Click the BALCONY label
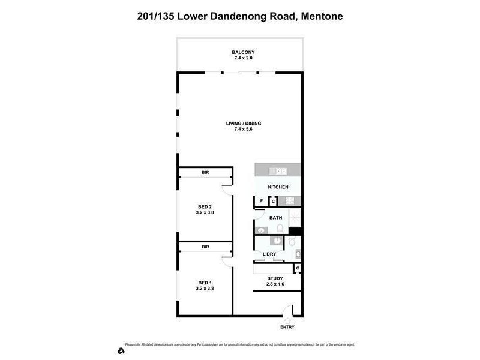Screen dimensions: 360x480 pyautogui.click(x=239, y=53)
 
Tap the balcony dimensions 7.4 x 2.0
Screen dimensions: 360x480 pyautogui.click(x=239, y=59)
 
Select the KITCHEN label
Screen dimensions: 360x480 pyautogui.click(x=278, y=187)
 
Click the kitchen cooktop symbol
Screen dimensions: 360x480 pyautogui.click(x=288, y=201)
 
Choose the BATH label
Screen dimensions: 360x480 pyautogui.click(x=275, y=218)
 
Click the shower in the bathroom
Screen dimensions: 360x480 pyautogui.click(x=294, y=218)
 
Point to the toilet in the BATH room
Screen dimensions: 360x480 pyautogui.click(x=280, y=229)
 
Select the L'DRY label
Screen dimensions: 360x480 pyautogui.click(x=268, y=254)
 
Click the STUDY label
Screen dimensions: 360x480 pyautogui.click(x=275, y=278)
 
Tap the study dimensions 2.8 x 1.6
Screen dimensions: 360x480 pyautogui.click(x=275, y=284)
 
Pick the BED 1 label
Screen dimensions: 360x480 pyautogui.click(x=205, y=283)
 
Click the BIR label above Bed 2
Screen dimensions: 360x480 pyautogui.click(x=205, y=173)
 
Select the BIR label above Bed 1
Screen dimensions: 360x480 pyautogui.click(x=205, y=247)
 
